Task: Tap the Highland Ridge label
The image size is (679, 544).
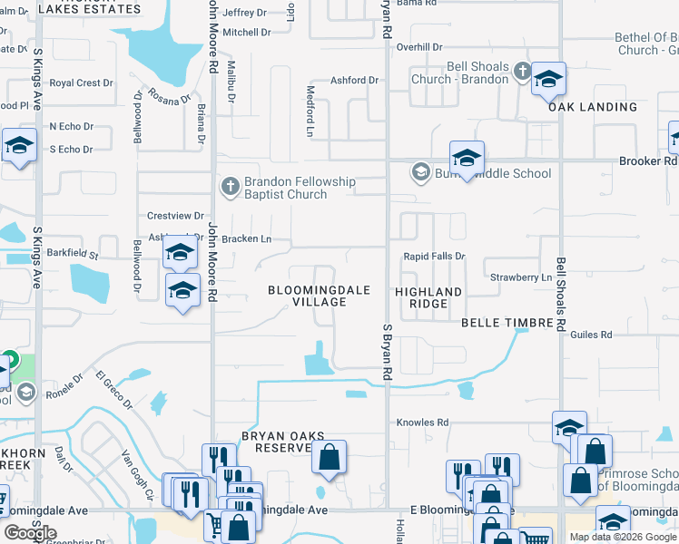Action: point(428,297)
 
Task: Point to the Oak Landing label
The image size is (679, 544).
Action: point(593,107)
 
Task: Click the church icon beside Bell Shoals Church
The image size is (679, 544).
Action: point(522,71)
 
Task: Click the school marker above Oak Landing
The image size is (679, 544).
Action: point(548,80)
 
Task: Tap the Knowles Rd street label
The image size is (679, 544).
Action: point(423,423)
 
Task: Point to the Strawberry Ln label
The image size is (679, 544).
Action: point(520,277)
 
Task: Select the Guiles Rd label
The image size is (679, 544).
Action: point(592,335)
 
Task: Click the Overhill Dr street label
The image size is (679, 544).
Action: point(418,46)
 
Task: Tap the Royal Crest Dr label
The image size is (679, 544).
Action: point(82,83)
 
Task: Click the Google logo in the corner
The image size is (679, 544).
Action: point(30,533)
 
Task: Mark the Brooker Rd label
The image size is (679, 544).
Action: point(648,161)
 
